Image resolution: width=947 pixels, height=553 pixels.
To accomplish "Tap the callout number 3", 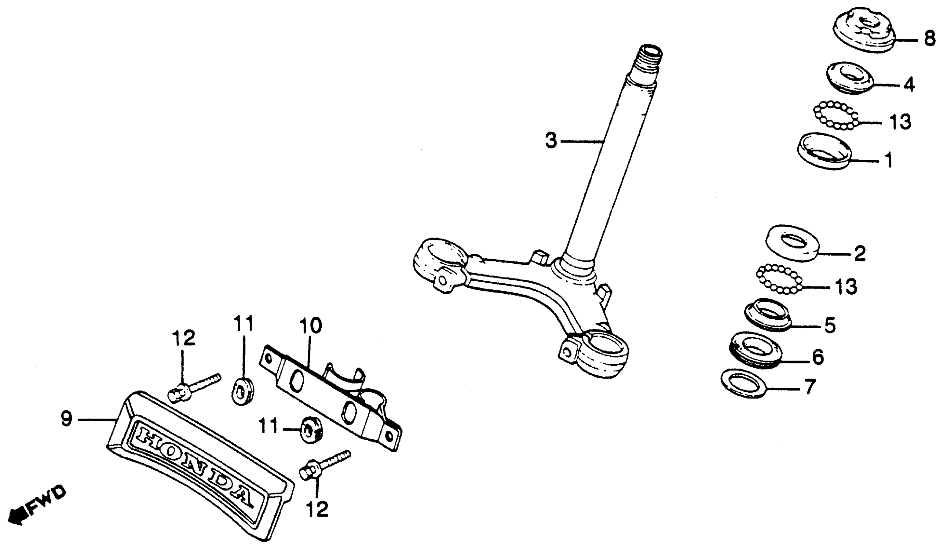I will pyautogui.click(x=551, y=141).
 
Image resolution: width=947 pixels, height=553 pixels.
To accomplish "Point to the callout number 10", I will pyautogui.click(x=310, y=326).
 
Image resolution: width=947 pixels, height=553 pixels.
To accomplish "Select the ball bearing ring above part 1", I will pyautogui.click(x=836, y=115).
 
